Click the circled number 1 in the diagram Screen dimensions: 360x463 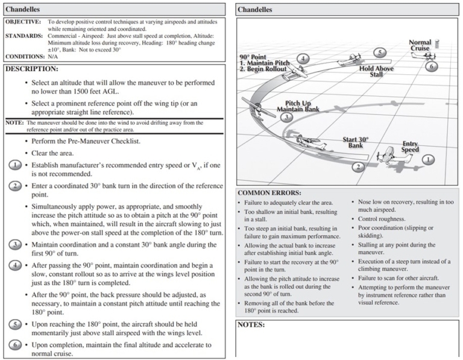(x=428, y=160)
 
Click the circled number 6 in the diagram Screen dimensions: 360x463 (x=430, y=66)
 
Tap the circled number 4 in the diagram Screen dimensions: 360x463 (x=303, y=58)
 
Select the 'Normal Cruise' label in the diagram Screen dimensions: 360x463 (x=420, y=46)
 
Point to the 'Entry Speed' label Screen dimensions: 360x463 (x=411, y=147)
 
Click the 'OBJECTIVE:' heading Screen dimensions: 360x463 (x=24, y=21)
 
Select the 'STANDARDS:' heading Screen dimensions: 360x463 (x=24, y=36)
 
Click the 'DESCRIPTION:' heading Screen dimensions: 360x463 (x=32, y=69)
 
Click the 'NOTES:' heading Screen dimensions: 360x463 (x=253, y=324)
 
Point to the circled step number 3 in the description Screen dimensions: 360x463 (x=14, y=245)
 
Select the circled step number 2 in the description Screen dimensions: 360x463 (x=14, y=186)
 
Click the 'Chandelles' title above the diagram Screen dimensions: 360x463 (x=255, y=9)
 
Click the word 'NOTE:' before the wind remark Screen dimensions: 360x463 (x=14, y=122)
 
